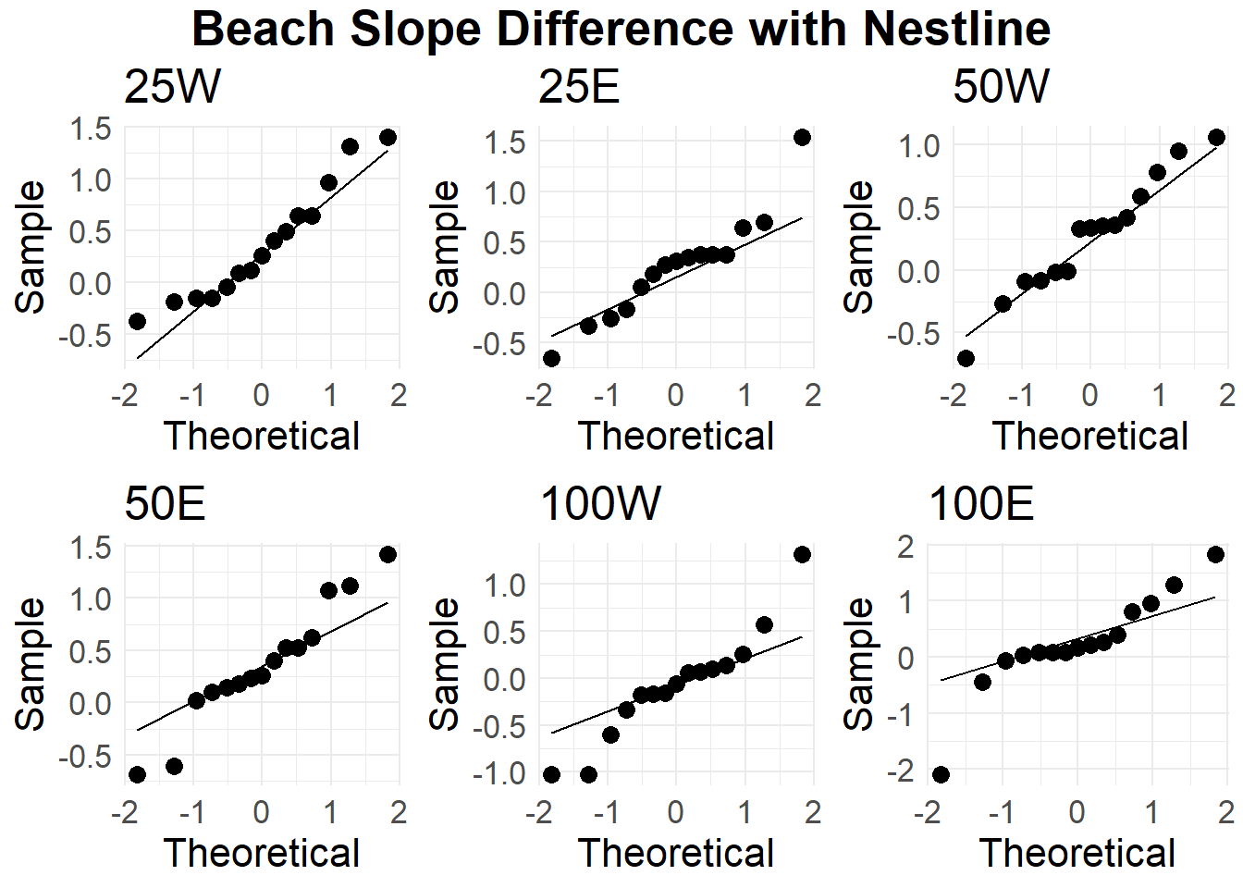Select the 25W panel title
pos(172,87)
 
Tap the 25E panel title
pos(579,87)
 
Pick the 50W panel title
pos(1001,87)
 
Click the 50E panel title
pos(165,504)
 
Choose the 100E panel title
pos(980,504)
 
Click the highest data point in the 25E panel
pos(802,137)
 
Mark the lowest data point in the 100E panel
pos(941,774)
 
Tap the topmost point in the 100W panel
pos(802,554)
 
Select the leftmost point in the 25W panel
pos(137,321)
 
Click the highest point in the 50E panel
pos(388,554)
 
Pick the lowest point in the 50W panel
pos(966,358)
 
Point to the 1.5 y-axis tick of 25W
pos(91,129)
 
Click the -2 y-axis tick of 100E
pos(905,771)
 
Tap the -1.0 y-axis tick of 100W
pos(498,773)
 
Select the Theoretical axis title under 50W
pos(1089,436)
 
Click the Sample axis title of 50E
pos(31,663)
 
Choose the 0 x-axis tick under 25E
pos(675,395)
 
